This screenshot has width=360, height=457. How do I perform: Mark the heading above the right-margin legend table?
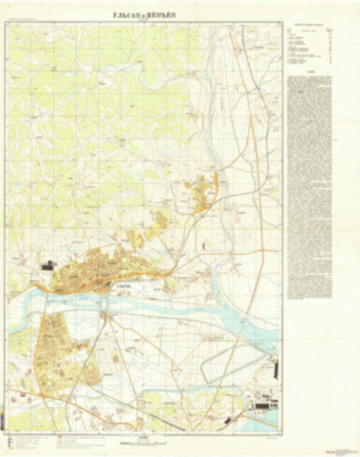coord(311,25)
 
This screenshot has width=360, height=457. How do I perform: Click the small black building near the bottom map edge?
coord(228,420)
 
